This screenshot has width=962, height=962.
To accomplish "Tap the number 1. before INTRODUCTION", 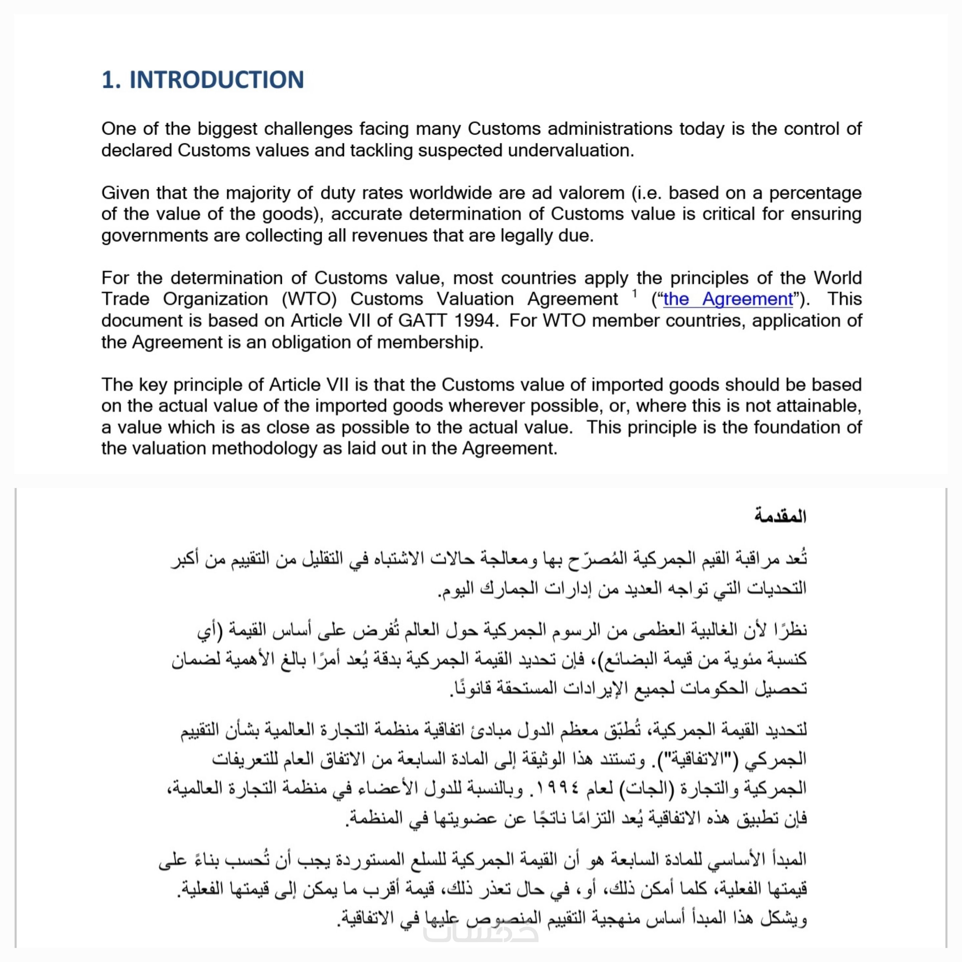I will pyautogui.click(x=111, y=80).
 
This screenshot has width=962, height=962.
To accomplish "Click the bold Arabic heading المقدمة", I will pyautogui.click(x=780, y=516).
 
